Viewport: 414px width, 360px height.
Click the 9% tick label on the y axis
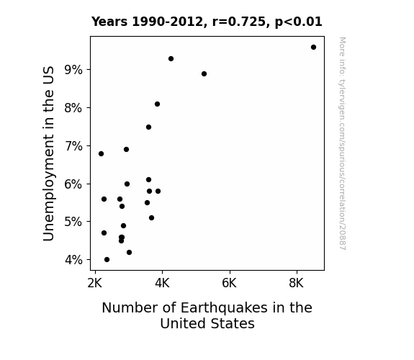73,70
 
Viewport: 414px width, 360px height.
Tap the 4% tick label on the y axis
73,260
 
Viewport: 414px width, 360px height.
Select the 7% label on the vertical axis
73,146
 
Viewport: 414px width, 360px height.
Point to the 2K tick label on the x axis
94,283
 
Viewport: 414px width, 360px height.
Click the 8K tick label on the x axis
296,283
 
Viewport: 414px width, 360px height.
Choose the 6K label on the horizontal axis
229,283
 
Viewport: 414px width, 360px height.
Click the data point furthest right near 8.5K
313,48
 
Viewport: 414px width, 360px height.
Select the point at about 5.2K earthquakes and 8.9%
204,74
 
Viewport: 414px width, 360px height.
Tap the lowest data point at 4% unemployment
107,260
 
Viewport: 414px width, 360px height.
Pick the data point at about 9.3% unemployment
171,58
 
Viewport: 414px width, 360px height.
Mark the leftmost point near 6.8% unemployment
101,153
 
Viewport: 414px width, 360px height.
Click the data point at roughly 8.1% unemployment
158,104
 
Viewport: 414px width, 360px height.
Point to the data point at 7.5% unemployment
148,127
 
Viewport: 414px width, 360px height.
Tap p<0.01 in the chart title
299,22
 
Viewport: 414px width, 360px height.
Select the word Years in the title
109,22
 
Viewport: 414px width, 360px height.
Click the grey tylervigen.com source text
342,143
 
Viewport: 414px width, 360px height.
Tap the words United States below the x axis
207,323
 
